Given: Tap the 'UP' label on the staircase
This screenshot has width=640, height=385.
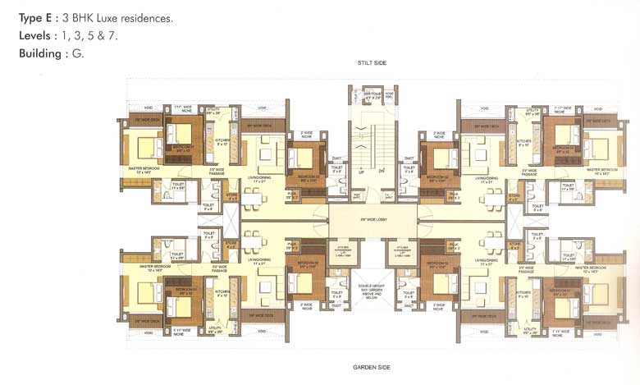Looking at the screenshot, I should click(361, 171).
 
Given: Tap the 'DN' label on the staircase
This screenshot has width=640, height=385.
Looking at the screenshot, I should click(382, 171).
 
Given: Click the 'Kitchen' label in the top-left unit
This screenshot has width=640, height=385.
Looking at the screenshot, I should click(222, 141).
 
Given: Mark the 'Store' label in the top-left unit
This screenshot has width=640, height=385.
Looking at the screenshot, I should click(232, 195).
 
